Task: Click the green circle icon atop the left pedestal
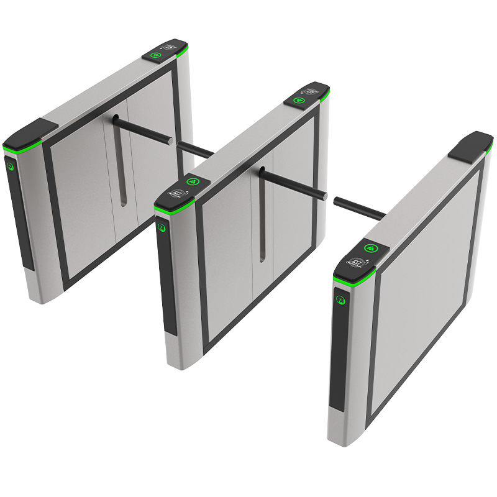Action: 156,55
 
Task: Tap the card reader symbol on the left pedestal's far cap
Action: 169,47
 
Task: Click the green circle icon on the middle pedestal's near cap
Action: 193,183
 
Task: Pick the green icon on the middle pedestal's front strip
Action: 163,227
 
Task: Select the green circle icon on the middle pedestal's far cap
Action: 299,99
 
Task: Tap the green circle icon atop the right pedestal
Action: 371,248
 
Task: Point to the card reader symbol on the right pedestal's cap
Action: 358,262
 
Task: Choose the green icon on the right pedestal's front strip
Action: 340,299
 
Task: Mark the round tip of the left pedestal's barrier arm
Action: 171,141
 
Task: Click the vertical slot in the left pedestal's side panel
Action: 123,180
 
